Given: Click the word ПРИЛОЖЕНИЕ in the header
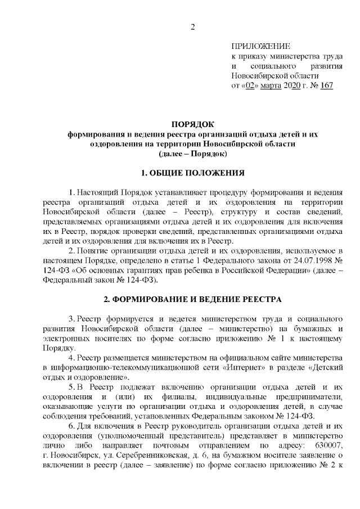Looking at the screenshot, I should (x=261, y=47).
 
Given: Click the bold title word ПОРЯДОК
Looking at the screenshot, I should (x=193, y=124).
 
